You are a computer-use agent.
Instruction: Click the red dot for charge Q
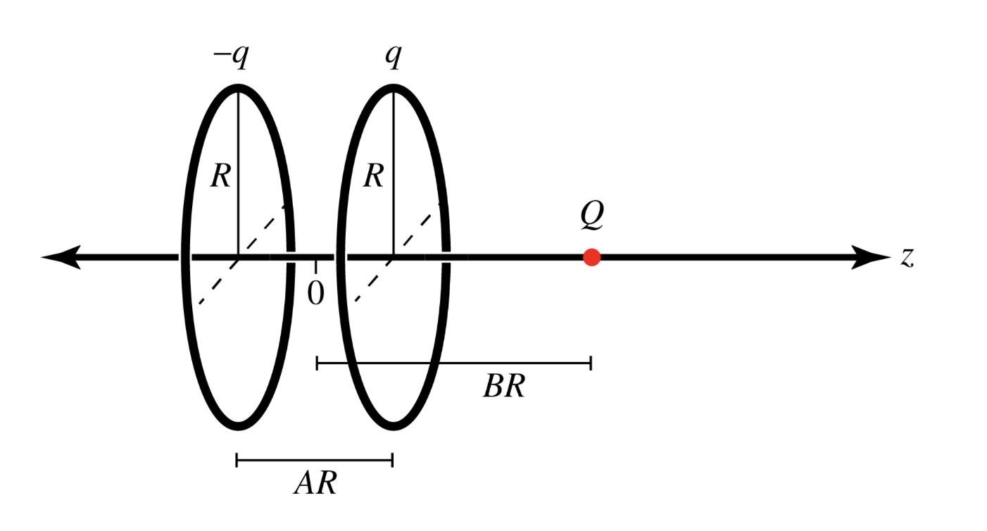pos(591,258)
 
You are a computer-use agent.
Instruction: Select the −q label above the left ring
pos(231,56)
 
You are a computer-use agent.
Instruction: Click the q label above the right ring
pos(393,56)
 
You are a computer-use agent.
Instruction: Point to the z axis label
pos(907,258)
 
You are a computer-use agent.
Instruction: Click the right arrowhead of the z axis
pos(873,258)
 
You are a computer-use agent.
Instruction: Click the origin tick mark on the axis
pos(316,265)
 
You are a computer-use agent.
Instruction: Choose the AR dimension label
pos(315,485)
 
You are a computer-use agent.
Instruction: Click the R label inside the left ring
pos(220,176)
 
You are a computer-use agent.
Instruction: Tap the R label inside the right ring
pos(373,176)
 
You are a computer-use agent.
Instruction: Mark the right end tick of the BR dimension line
pos(591,363)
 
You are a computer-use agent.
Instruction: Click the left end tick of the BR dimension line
pos(318,363)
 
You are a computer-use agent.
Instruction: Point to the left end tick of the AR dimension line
pos(237,461)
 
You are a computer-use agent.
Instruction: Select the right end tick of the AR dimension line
pos(392,461)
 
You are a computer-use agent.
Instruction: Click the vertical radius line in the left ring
pos(238,141)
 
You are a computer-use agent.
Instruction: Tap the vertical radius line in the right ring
pos(393,141)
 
